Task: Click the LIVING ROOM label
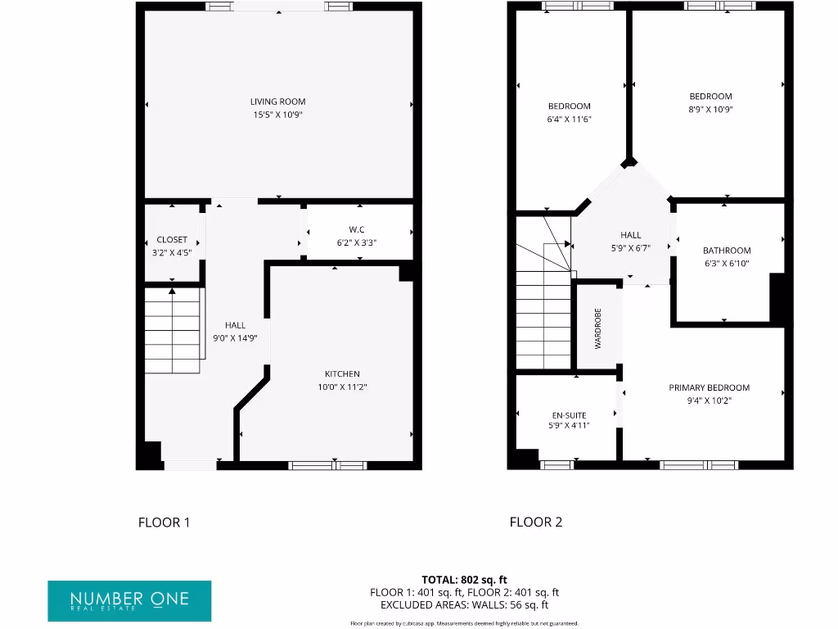point(277,102)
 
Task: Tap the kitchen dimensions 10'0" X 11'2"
point(342,387)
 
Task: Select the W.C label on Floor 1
point(356,229)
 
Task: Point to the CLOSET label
point(172,240)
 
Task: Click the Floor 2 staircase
point(543,319)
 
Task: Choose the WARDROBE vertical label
point(597,328)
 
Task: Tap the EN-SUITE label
point(568,415)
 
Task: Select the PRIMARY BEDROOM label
point(709,388)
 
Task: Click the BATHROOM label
point(726,251)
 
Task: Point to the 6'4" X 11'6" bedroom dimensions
point(569,119)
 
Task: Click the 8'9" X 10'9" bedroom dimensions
point(710,109)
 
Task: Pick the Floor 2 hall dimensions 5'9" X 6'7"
point(630,248)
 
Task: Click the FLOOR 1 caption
point(164,523)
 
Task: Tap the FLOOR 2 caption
point(536,523)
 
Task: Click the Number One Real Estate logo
point(129,600)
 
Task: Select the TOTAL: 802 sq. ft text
point(464,580)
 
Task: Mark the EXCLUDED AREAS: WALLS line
point(464,605)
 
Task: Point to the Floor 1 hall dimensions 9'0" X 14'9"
point(235,337)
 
